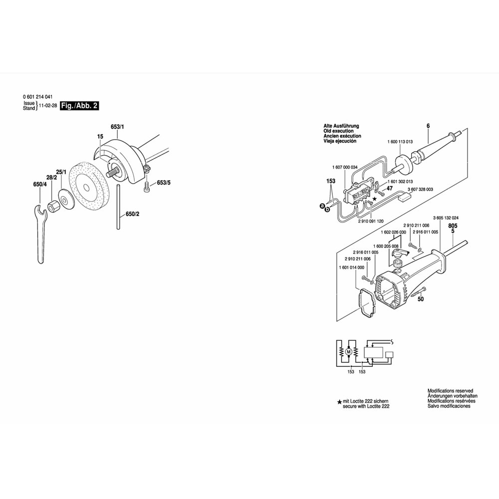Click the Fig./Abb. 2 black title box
tap(79, 106)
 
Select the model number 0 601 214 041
tap(37, 97)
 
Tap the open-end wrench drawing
tap(40, 234)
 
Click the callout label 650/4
tap(40, 184)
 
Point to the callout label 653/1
tap(117, 127)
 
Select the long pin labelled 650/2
tap(118, 207)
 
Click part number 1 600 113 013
tap(400, 142)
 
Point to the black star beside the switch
tap(375, 199)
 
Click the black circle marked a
tap(322, 206)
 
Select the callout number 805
tap(453, 226)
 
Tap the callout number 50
tap(421, 299)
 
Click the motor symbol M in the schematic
tap(348, 352)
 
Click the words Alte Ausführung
tap(341, 126)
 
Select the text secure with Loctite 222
tap(366, 406)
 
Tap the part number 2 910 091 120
tap(371, 221)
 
